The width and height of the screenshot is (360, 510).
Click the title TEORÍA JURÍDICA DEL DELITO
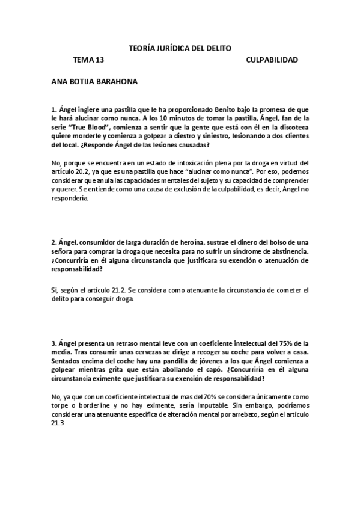180,48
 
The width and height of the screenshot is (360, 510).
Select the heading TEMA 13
88,60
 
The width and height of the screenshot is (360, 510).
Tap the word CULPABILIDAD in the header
272,60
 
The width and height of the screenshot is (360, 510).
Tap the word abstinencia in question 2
286,251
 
